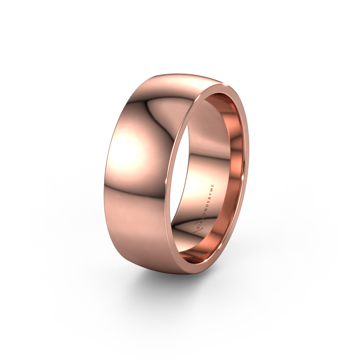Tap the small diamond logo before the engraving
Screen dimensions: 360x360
click(196, 229)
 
